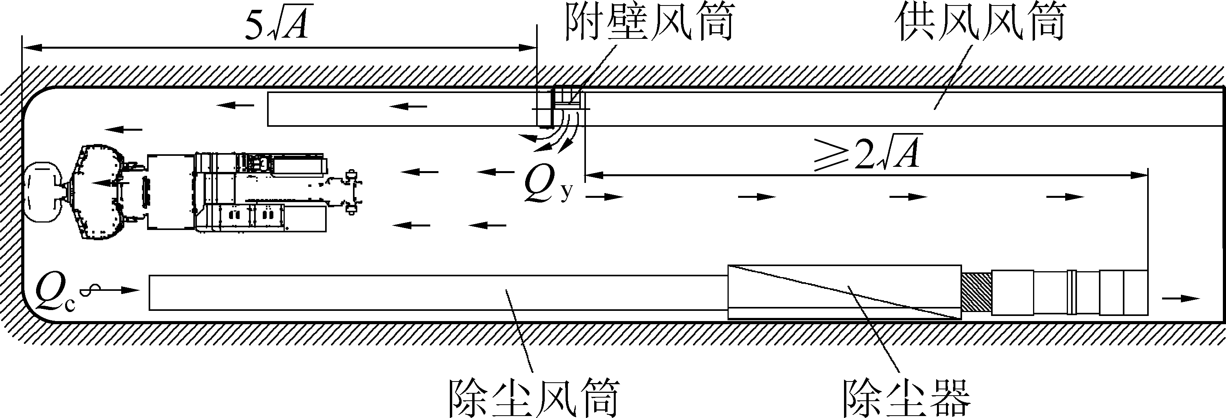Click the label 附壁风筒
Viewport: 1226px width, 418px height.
[649, 22]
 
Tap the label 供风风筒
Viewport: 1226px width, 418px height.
[980, 22]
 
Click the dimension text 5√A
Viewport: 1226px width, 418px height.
[279, 24]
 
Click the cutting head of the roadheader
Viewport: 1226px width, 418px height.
[43, 193]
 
